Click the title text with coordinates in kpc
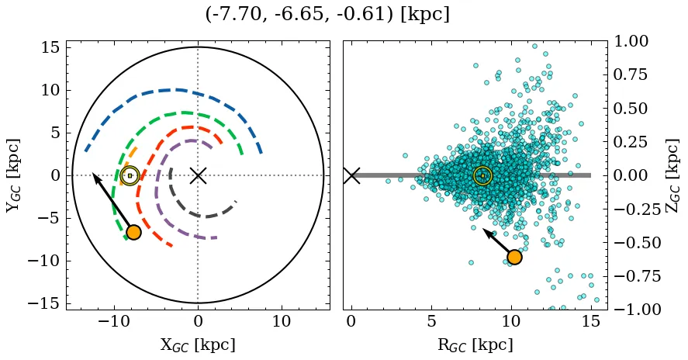[327, 15]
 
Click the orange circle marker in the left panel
[133, 232]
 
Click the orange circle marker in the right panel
[513, 258]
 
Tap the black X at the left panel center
[198, 175]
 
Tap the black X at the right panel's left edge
[352, 175]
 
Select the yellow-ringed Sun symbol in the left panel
[130, 175]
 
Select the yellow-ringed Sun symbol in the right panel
[482, 175]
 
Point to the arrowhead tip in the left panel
[93, 174]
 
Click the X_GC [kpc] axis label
[198, 344]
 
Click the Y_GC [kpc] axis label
[13, 175]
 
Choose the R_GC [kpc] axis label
[475, 344]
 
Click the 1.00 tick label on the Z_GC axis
[635, 41]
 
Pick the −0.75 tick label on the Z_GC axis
[632, 276]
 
